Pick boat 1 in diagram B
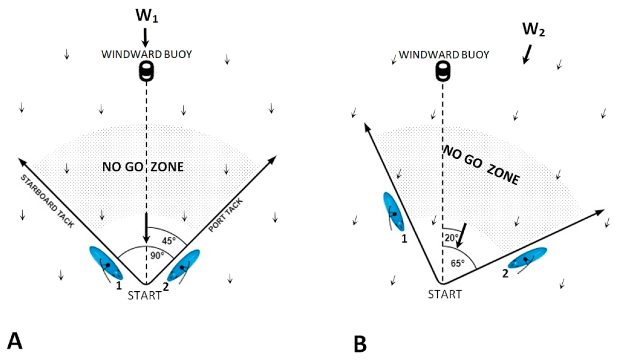[x=394, y=211]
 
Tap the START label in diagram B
[x=445, y=294]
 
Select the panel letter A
[x=14, y=341]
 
